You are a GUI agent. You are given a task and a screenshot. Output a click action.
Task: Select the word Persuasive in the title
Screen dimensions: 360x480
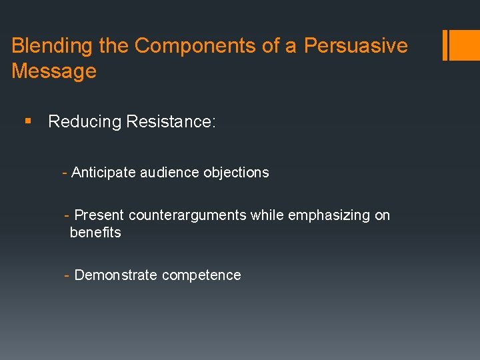[355, 46]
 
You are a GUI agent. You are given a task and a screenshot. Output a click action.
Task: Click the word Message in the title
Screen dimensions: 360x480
[54, 71]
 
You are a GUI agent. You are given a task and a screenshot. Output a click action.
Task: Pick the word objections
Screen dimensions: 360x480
[236, 173]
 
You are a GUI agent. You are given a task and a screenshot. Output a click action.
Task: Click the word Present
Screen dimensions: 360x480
[99, 215]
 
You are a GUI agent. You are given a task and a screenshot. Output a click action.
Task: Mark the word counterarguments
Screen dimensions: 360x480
[187, 215]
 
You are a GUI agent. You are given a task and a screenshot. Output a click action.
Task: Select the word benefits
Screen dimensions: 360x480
[95, 233]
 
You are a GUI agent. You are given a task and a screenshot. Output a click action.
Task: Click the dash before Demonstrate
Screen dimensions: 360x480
[67, 275]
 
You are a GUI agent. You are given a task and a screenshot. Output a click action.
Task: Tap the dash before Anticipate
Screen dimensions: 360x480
[65, 173]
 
